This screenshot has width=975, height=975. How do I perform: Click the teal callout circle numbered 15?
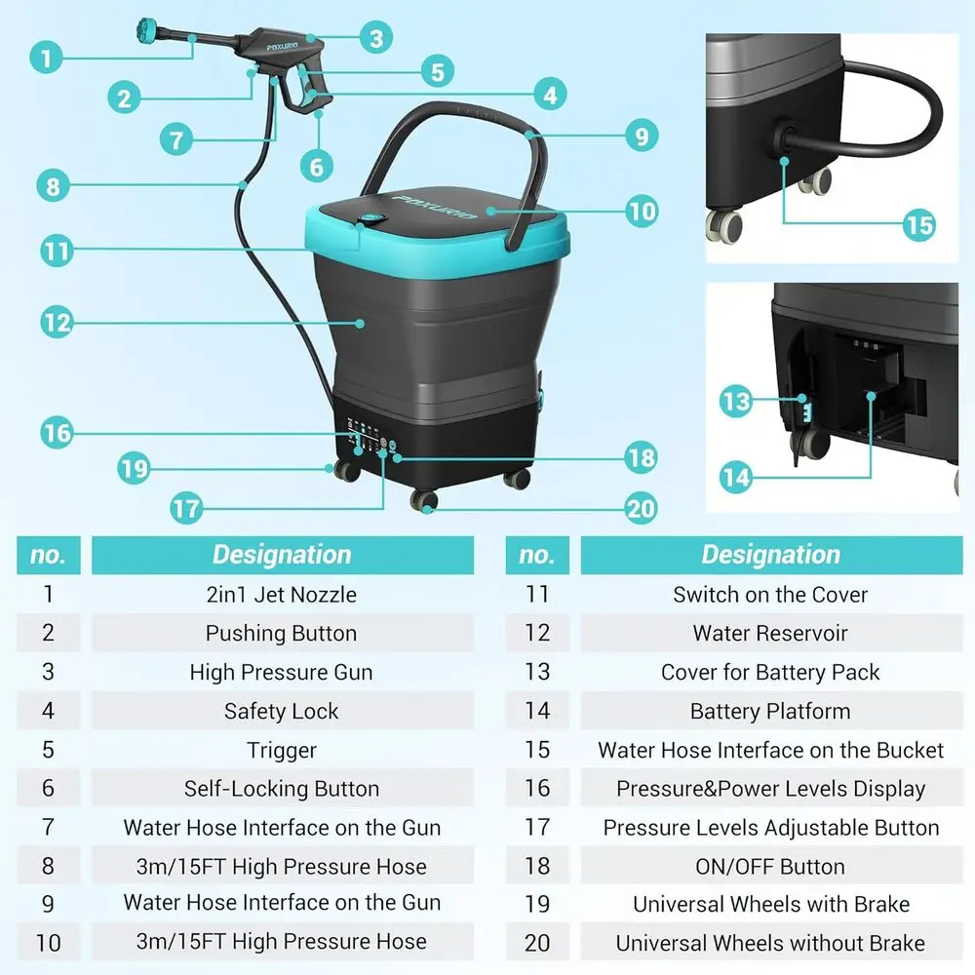tap(918, 224)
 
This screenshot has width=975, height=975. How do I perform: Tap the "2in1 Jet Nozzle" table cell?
tap(282, 595)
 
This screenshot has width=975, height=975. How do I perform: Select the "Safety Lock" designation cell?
tap(282, 712)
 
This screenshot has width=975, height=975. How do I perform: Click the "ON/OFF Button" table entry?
tap(770, 867)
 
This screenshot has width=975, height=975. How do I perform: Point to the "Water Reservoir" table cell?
tap(770, 634)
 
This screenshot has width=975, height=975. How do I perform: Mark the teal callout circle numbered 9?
tap(641, 135)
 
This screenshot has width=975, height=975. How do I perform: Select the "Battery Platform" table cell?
tap(770, 712)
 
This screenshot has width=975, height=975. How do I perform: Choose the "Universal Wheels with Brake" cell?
tap(770, 905)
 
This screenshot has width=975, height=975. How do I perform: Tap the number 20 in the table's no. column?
tap(537, 943)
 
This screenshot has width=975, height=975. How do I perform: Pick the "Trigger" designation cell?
tap(282, 751)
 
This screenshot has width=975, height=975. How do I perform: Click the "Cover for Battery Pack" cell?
tap(770, 673)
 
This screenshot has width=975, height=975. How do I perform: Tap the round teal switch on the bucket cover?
tap(370, 221)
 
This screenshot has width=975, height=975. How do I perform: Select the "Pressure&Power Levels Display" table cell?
tap(770, 789)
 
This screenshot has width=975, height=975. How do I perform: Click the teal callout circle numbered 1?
tap(45, 57)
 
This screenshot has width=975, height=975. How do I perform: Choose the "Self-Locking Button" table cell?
tap(282, 789)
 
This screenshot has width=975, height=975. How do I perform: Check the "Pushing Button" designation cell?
tap(282, 634)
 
